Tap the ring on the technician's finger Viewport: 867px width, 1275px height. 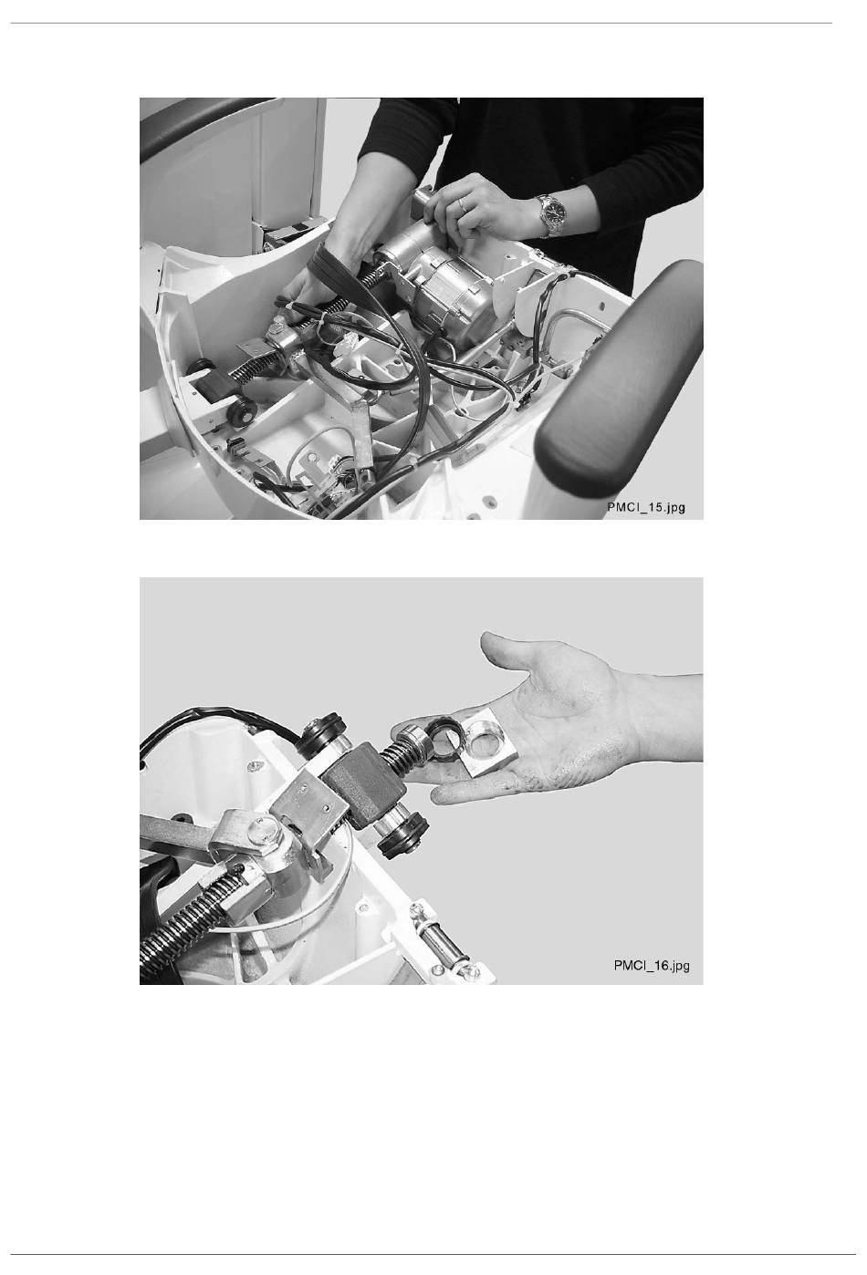click(462, 204)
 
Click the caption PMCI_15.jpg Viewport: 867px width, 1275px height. click(646, 507)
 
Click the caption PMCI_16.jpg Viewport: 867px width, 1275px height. click(652, 966)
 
